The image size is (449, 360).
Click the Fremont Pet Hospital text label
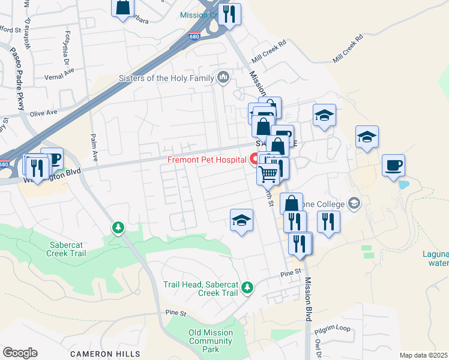[x=206, y=160]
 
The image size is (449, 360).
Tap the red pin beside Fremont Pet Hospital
[x=254, y=159]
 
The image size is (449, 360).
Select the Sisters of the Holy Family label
[x=166, y=78]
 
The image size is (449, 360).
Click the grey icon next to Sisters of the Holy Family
[x=223, y=77]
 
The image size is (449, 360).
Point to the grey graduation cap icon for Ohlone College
[x=354, y=202]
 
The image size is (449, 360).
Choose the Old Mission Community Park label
[x=210, y=337]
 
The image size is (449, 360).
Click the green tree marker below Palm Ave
[x=118, y=227]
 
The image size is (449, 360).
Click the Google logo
[x=20, y=353]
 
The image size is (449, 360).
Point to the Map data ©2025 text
[x=423, y=355]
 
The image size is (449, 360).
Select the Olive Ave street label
[x=43, y=113]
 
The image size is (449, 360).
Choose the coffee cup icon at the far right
[x=394, y=166]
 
